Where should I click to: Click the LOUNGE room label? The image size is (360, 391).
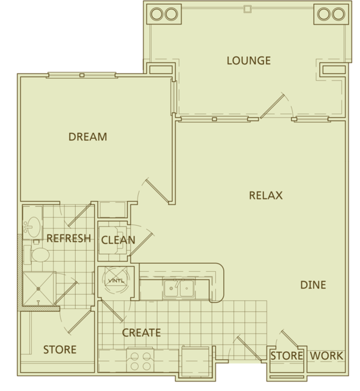click(249, 61)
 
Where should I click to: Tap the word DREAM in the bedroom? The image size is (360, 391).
click(87, 137)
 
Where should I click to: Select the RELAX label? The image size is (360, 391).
click(266, 195)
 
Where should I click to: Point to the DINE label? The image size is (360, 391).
click(313, 285)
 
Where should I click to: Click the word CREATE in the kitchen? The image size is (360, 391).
click(141, 333)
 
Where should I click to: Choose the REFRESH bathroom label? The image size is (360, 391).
click(69, 239)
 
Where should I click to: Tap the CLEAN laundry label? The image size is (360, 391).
click(118, 240)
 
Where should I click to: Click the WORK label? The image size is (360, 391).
click(326, 356)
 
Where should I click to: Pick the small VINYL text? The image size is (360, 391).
click(116, 280)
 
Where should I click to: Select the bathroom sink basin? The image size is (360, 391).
click(33, 227)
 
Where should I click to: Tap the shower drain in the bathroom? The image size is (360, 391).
click(39, 289)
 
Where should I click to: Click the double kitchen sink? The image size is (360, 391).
click(179, 288)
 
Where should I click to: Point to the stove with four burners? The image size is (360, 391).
click(141, 361)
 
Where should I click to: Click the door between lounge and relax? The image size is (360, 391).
click(272, 106)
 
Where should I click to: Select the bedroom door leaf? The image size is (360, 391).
click(158, 190)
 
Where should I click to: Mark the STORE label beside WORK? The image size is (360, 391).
click(287, 356)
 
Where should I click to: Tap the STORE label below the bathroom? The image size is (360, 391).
click(60, 349)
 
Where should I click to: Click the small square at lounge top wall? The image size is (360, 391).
click(247, 9)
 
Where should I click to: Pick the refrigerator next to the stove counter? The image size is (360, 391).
click(196, 362)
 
